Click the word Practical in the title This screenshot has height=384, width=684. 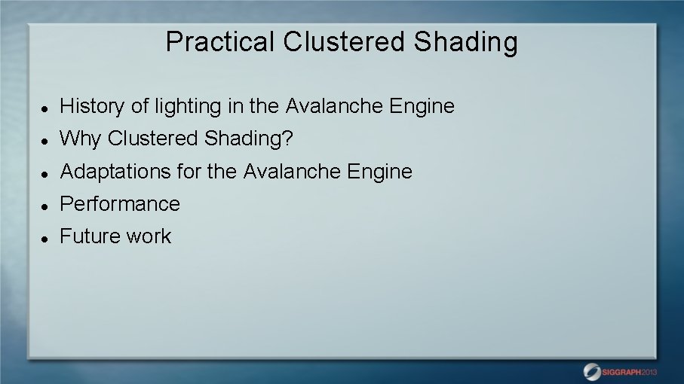pyautogui.click(x=220, y=42)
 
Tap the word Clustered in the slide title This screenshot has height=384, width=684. pyautogui.click(x=345, y=42)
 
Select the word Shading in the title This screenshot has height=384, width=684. pyautogui.click(x=465, y=42)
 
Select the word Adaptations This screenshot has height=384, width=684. pyautogui.click(x=115, y=172)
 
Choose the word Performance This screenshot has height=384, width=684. pyautogui.click(x=120, y=204)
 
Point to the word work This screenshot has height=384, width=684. pyautogui.click(x=149, y=236)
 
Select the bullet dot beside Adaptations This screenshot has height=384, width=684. pyautogui.click(x=45, y=173)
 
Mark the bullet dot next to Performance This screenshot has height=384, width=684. pyautogui.click(x=45, y=206)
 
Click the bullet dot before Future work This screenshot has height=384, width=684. pyautogui.click(x=45, y=238)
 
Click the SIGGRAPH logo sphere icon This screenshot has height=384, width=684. pyautogui.click(x=592, y=371)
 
